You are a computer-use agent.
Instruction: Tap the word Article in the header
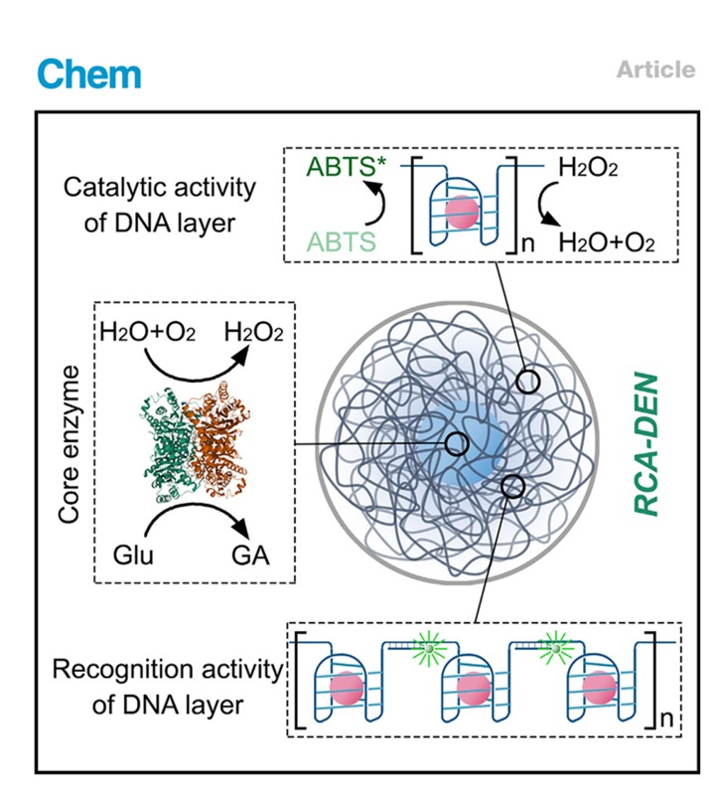click(x=655, y=70)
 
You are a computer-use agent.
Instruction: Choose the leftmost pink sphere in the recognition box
click(x=342, y=688)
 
